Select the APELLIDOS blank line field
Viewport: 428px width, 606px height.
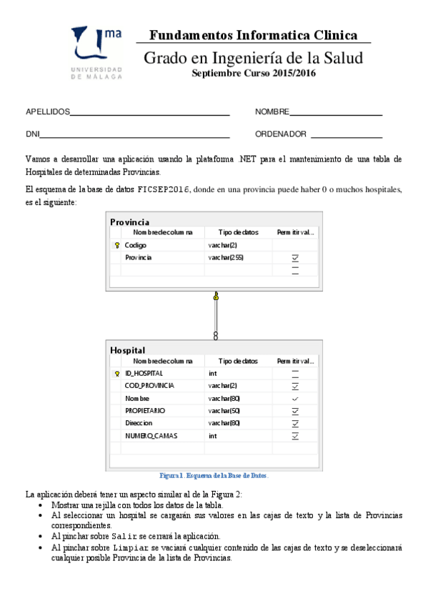tap(149, 113)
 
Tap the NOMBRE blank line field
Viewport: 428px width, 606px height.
tap(336, 113)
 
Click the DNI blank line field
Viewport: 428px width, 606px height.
tap(135, 135)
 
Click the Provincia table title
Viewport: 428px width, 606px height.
tap(129, 222)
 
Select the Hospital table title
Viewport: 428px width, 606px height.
tap(127, 350)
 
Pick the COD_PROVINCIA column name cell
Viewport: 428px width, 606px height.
tap(150, 386)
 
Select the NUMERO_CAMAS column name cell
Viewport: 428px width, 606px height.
tap(151, 435)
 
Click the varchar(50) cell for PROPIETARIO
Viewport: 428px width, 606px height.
tap(224, 411)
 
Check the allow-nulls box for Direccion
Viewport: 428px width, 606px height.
tap(295, 423)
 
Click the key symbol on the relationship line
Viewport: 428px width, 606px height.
tap(216, 295)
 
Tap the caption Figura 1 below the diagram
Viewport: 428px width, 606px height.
tap(215, 475)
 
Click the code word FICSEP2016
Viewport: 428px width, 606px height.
tap(164, 190)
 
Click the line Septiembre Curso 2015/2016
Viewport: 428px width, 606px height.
tap(254, 73)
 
